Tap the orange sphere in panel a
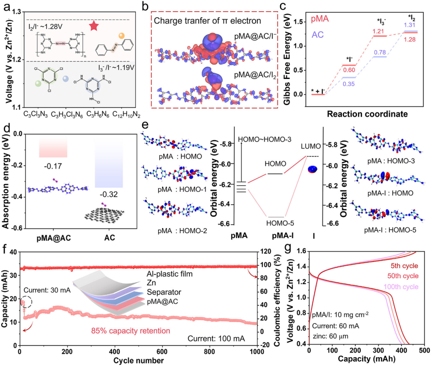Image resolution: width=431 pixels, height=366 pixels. click(121, 36)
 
